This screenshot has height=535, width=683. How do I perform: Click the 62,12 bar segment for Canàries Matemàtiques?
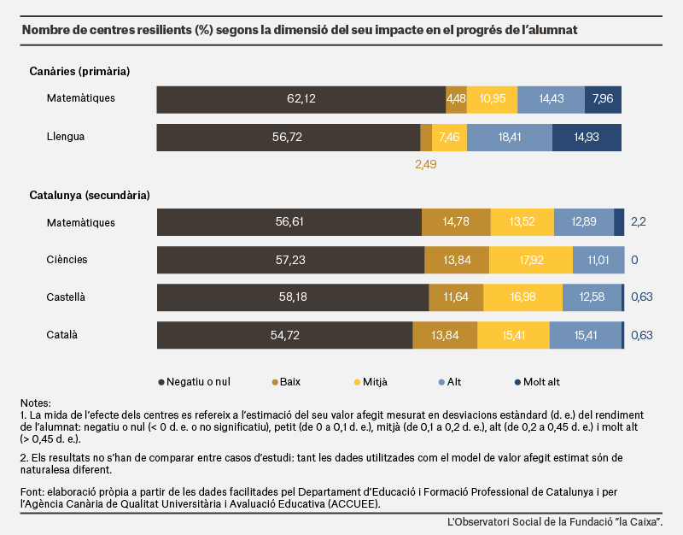coord(301,99)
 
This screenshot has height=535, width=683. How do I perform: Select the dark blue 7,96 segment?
coord(603,99)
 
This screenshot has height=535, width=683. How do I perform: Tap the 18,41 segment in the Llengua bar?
coord(510,138)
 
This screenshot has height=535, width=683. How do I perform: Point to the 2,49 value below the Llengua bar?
coord(425,164)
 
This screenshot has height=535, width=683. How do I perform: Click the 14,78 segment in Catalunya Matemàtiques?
coord(456,222)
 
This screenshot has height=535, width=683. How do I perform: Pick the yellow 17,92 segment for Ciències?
coord(531,260)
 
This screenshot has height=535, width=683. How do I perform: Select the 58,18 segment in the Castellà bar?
coord(293,297)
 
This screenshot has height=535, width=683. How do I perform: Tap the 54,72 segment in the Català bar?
coord(285,335)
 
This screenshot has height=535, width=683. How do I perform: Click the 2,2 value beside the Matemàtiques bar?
coord(638,222)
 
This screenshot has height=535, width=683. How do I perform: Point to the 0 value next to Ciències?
coord(634,260)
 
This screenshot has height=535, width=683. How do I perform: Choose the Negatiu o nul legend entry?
coord(195,382)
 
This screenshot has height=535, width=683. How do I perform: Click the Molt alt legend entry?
coord(538,382)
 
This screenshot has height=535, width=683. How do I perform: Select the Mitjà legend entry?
coord(371,382)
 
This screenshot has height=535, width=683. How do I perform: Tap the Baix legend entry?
coord(286,382)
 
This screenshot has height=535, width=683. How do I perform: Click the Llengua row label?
coord(66,137)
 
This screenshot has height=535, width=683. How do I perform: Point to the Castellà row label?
coord(66,297)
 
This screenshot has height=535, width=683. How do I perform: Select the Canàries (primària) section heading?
coord(79,71)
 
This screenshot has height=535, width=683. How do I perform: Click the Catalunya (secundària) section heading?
coord(90,195)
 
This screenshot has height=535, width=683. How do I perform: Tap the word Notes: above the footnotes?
coord(36,403)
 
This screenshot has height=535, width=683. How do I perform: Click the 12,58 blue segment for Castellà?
coord(592,297)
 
